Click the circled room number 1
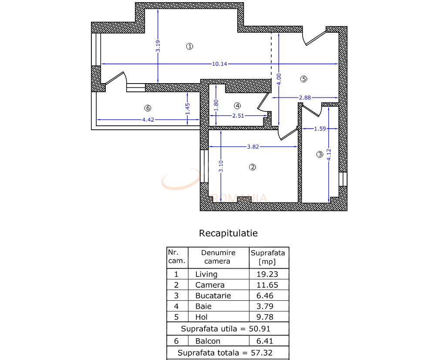pos(189,47)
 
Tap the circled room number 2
pos(252,167)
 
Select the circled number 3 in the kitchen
pos(320,154)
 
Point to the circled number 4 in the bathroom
pos(237,105)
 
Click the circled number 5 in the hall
pos(304,79)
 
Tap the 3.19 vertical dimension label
pos(158,46)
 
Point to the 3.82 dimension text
pos(253,147)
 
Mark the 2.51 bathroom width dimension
pos(238,116)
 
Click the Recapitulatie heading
pos(228,233)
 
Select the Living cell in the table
pos(206,274)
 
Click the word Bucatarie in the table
pos(213,296)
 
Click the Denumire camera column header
pos(218,257)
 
